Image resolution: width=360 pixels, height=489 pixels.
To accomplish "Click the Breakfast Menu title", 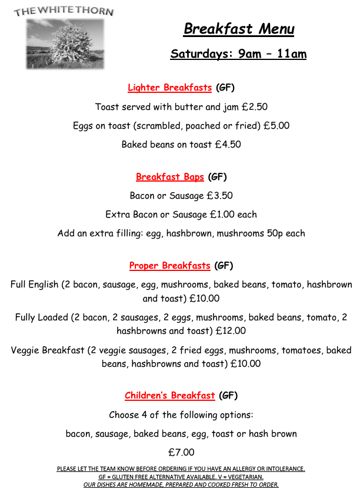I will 239,29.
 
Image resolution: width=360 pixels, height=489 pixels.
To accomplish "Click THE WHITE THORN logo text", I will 64,11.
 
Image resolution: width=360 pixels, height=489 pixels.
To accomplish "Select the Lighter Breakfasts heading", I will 169,88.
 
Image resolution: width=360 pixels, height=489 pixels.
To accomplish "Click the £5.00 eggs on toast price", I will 276,126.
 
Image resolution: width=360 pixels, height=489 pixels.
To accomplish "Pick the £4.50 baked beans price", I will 228,145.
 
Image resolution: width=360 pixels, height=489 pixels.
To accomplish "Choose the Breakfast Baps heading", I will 170,177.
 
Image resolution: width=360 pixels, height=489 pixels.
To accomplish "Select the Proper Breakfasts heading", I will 169,266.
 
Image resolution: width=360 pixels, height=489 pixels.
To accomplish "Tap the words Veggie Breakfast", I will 48,350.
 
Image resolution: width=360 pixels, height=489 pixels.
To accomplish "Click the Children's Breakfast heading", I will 170,396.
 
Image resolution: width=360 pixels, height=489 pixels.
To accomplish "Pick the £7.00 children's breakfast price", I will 181,453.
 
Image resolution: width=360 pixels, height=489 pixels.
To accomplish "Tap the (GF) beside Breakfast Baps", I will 217,177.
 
